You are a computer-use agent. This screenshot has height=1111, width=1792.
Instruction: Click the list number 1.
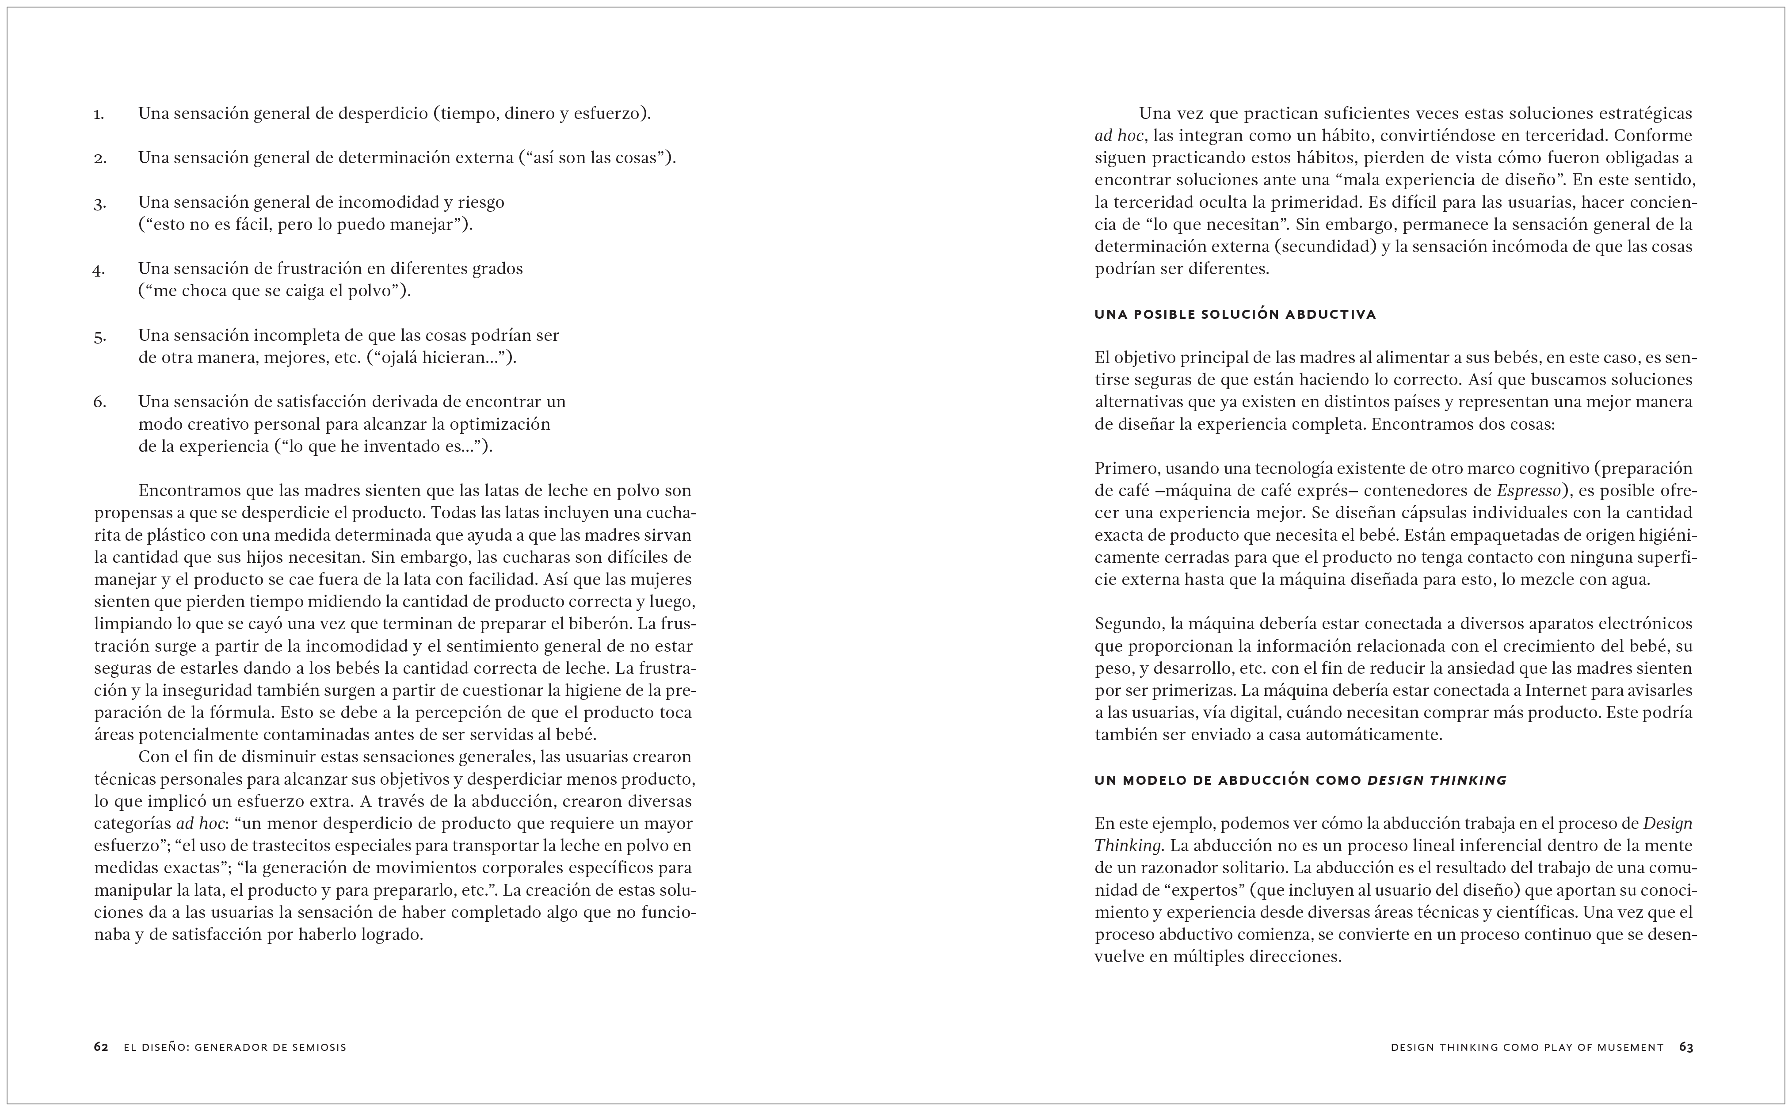pyautogui.click(x=99, y=115)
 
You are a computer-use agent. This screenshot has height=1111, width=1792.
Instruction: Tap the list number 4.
pyautogui.click(x=99, y=270)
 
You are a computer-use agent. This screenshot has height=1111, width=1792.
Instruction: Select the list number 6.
pyautogui.click(x=99, y=402)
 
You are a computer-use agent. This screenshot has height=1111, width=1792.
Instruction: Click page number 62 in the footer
pyautogui.click(x=101, y=1047)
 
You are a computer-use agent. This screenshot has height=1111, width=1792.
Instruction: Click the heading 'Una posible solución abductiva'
pyautogui.click(x=1235, y=314)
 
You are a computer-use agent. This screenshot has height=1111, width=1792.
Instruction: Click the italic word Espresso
pyautogui.click(x=1528, y=491)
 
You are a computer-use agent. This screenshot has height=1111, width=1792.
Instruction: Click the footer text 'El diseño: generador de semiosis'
pyautogui.click(x=235, y=1047)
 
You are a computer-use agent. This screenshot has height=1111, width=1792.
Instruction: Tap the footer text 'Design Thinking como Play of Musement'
pyautogui.click(x=1527, y=1047)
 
